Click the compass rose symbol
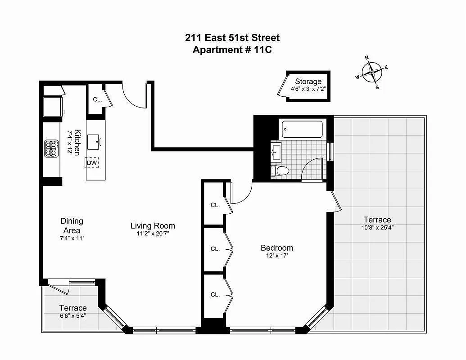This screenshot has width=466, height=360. [x=372, y=72]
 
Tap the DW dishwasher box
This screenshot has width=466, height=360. [x=92, y=163]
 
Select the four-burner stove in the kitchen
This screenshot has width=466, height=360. [x=51, y=148]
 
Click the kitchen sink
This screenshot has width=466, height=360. [x=94, y=142]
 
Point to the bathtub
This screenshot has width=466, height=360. [x=302, y=129]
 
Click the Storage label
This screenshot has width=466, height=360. [x=308, y=81]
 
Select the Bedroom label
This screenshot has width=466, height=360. [x=277, y=247]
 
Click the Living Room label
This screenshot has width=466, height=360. [x=153, y=226]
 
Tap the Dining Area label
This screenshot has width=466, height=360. [x=72, y=225]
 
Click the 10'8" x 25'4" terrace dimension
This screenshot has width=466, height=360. [x=377, y=228]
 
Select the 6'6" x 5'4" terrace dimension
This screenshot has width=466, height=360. [x=73, y=316]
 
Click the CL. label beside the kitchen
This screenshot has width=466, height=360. [x=98, y=99]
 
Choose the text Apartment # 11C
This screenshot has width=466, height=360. [x=232, y=49]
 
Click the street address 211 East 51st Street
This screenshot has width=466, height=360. [x=232, y=38]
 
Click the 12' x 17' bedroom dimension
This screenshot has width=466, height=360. [x=277, y=256]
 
